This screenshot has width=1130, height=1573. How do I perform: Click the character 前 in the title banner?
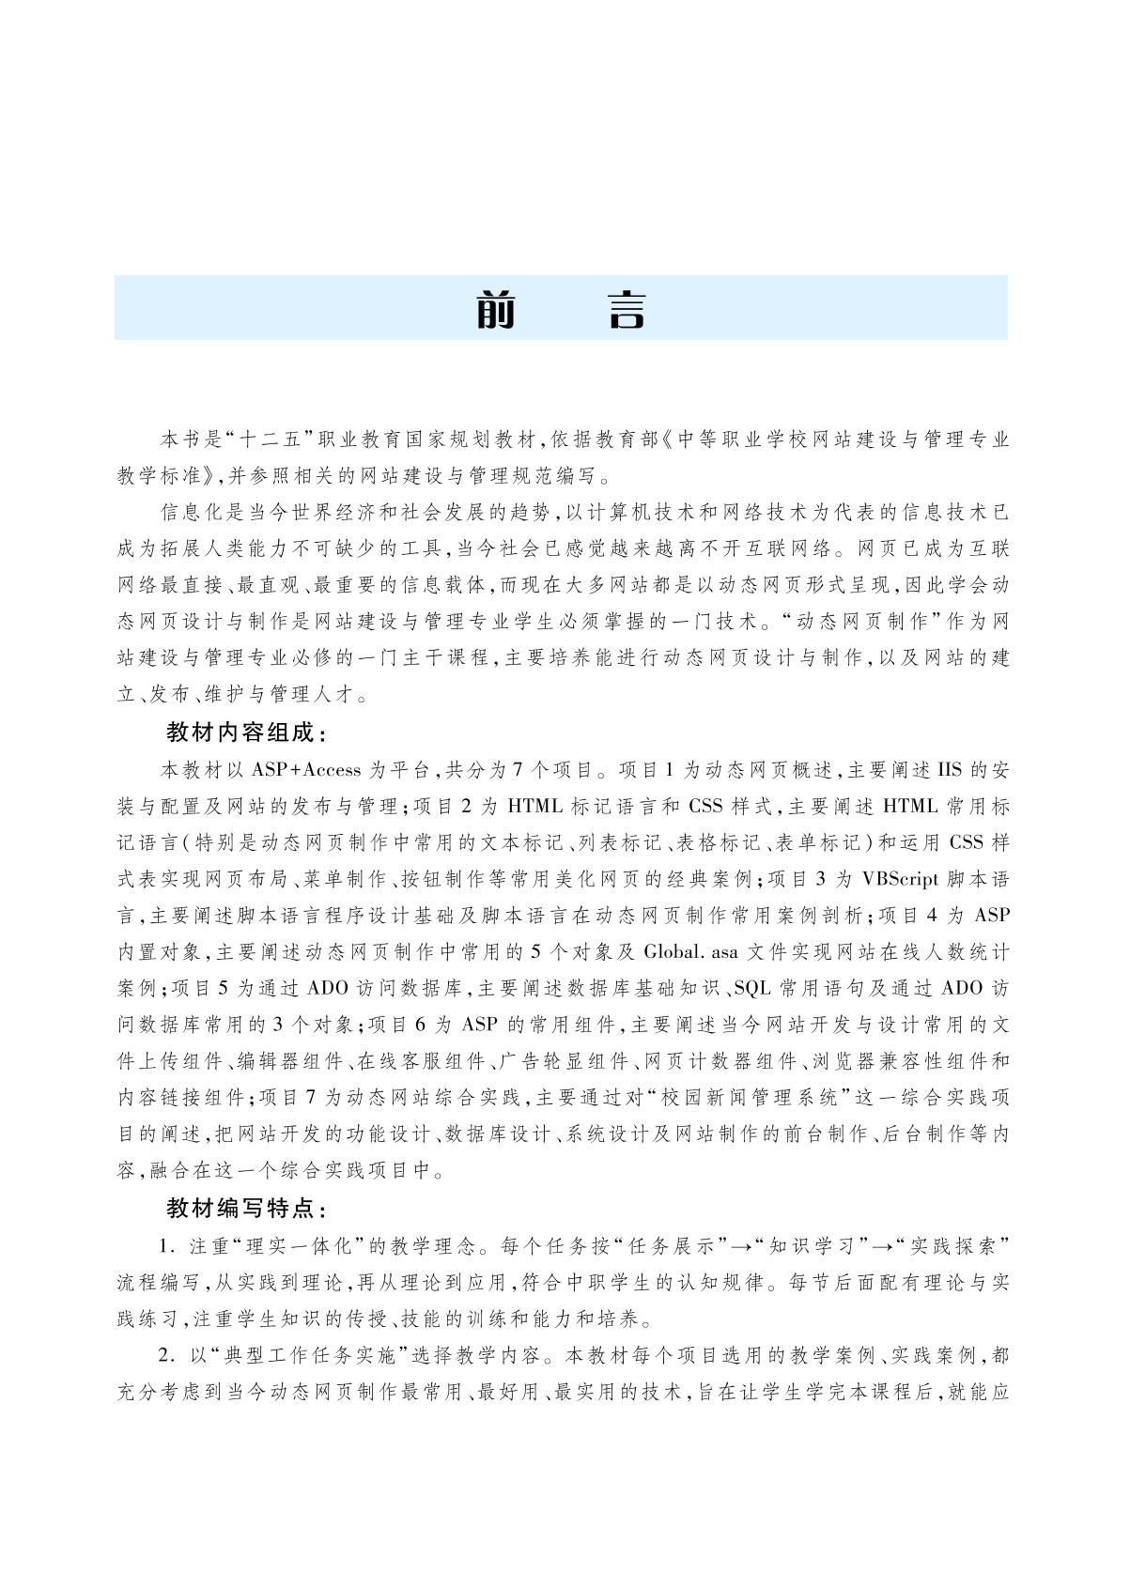tap(497, 309)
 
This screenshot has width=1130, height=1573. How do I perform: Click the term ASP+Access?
tap(306, 769)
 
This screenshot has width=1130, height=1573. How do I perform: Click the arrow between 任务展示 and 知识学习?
tap(744, 1246)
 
